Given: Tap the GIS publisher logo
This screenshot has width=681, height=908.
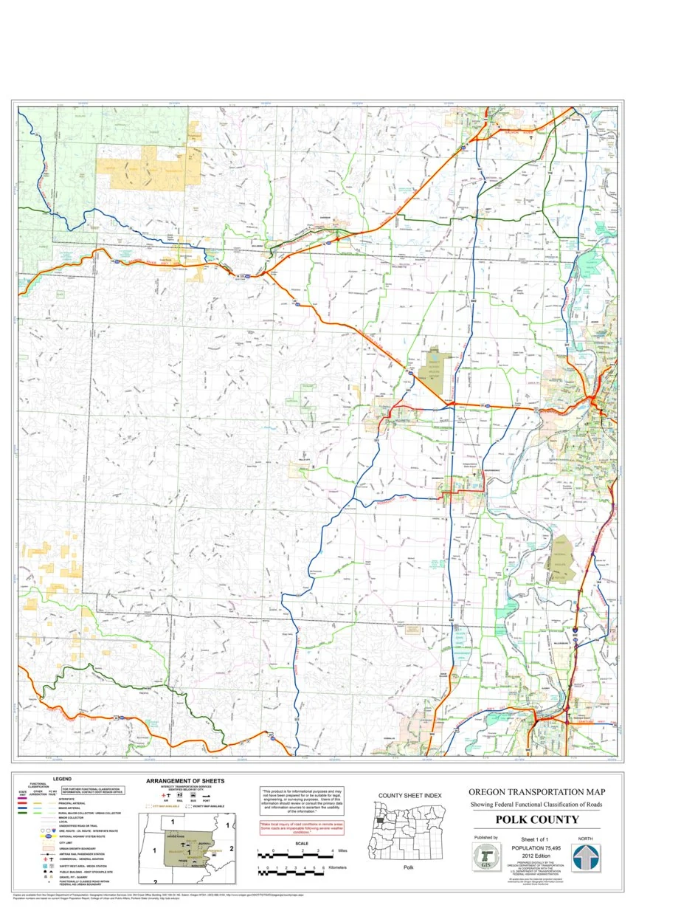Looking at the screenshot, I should pyautogui.click(x=485, y=859).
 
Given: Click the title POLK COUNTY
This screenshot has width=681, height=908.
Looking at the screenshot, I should pyautogui.click(x=536, y=819).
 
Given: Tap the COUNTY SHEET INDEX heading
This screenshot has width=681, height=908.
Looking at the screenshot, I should pyautogui.click(x=409, y=796).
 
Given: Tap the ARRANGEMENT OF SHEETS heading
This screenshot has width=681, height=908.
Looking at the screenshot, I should pyautogui.click(x=185, y=780).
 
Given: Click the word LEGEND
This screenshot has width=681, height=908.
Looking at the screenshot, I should pyautogui.click(x=62, y=779).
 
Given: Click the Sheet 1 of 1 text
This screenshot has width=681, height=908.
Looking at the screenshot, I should pyautogui.click(x=536, y=840).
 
